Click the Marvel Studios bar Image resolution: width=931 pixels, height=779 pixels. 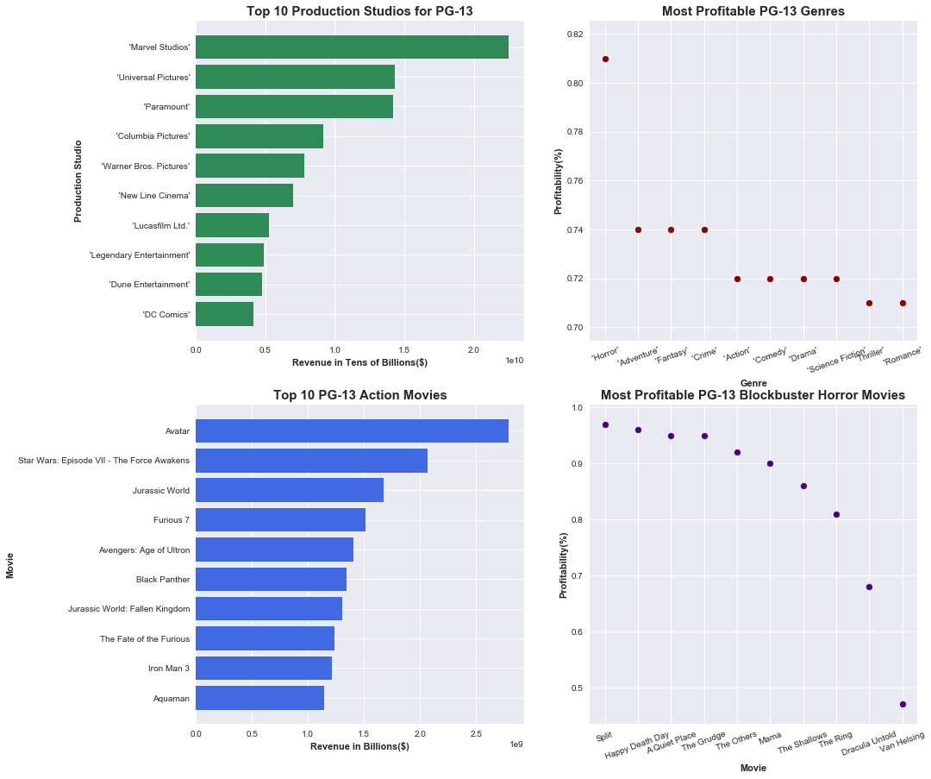tap(352, 47)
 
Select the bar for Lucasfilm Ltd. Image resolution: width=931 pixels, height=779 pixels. tap(232, 225)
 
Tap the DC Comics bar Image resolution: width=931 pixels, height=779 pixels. tap(224, 314)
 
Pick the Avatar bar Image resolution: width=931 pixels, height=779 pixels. tap(352, 430)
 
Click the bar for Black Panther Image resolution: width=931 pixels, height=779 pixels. tap(271, 579)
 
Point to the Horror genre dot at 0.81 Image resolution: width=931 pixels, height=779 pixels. tap(605, 59)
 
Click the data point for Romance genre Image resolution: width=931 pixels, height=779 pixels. tap(903, 303)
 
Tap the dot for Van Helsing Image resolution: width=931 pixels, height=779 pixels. tap(903, 704)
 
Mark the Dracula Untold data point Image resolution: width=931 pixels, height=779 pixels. tap(869, 587)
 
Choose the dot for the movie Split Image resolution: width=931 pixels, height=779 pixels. tap(605, 424)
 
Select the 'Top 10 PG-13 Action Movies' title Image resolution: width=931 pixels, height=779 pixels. tap(359, 395)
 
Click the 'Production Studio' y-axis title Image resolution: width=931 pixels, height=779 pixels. tap(78, 180)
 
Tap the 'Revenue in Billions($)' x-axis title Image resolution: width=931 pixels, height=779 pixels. tap(359, 746)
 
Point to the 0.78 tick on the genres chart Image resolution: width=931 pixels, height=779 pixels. tap(572, 132)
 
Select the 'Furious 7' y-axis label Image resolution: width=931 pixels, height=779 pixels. tap(171, 520)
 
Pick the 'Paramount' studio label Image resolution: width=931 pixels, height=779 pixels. tap(166, 107)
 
